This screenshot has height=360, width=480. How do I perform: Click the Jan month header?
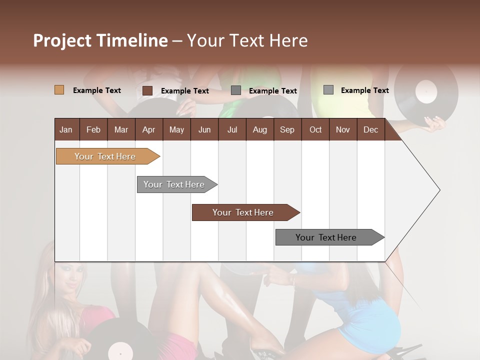(66, 129)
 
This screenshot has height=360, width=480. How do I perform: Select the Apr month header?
(148, 129)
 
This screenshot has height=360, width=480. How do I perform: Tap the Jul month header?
(232, 129)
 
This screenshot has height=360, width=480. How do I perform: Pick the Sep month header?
(287, 129)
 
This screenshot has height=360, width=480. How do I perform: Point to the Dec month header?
(370, 129)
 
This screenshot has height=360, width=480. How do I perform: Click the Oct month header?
(315, 129)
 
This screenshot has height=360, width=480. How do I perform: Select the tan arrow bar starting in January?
(105, 156)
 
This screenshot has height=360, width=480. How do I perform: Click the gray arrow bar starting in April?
(174, 184)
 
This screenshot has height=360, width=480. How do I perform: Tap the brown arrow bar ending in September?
(243, 212)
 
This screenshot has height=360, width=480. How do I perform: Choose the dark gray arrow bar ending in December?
(326, 237)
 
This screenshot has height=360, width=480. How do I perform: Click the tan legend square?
(59, 90)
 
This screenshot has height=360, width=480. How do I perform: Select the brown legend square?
(147, 90)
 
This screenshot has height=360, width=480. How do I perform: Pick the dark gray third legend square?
(236, 90)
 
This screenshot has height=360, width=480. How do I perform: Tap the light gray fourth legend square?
(328, 90)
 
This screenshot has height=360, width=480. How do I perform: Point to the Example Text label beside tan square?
(96, 90)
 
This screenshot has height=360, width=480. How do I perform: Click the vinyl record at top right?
(426, 92)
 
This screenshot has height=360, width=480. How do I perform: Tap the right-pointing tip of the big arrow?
(438, 190)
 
